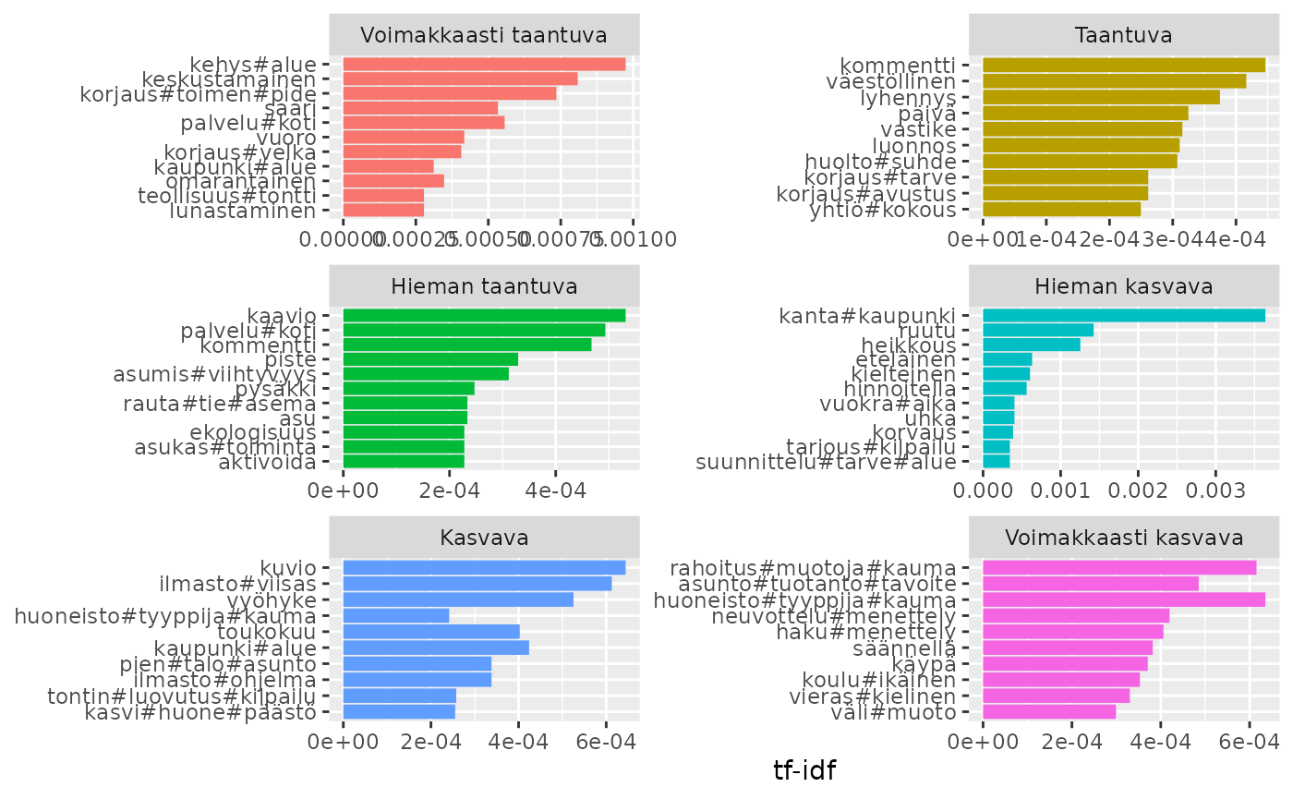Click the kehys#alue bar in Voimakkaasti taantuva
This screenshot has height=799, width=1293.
(484, 65)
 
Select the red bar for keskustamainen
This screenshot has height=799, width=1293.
(460, 79)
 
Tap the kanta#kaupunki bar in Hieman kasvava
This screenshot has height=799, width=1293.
(1123, 316)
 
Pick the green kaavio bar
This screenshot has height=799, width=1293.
(484, 316)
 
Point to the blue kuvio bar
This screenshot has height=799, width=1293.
(484, 567)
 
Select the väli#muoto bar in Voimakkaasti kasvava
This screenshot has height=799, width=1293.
(1049, 711)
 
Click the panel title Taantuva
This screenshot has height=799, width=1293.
(1124, 36)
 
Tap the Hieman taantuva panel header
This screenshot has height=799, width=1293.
(484, 286)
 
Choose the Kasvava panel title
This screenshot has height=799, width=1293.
(484, 538)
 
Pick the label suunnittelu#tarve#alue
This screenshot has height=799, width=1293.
(826, 461)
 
